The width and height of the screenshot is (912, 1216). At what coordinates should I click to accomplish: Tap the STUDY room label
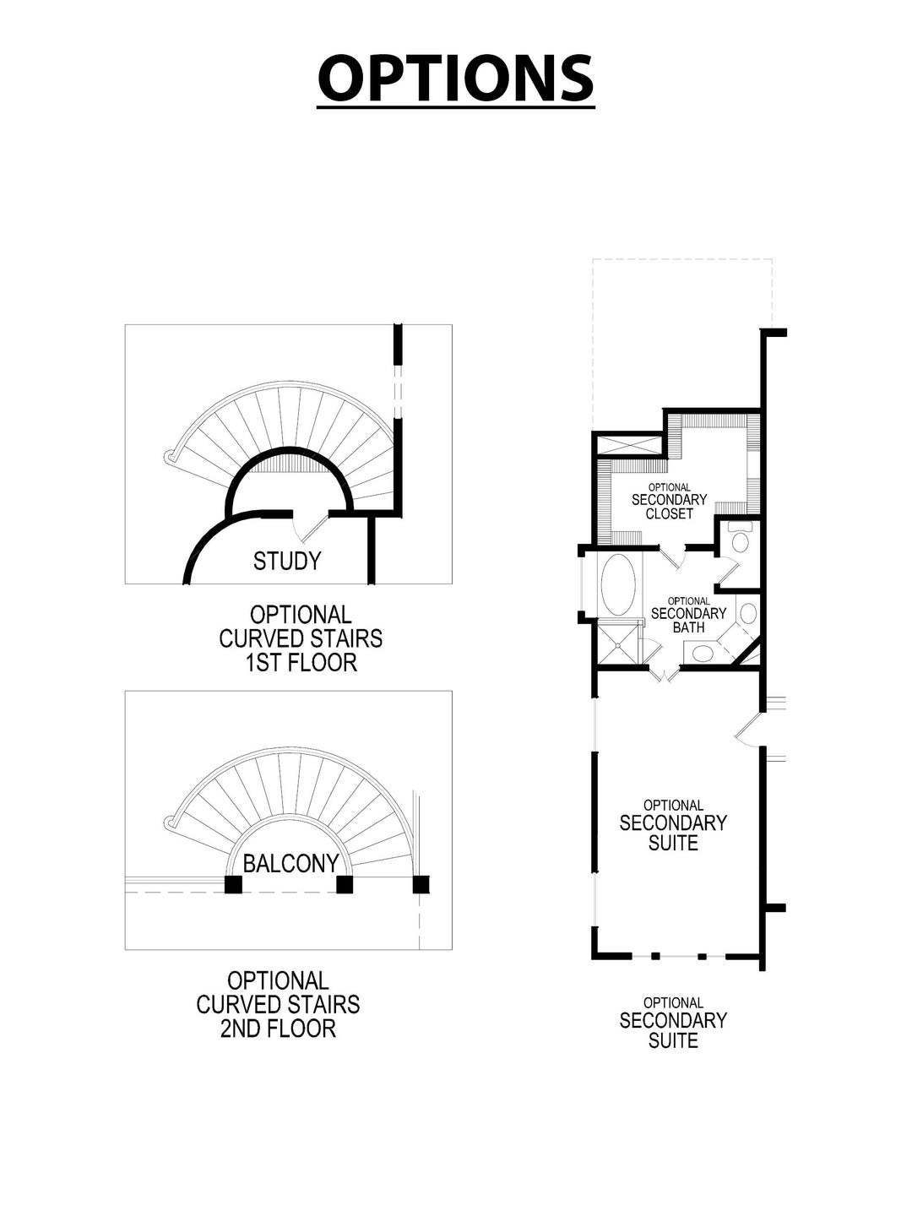pyautogui.click(x=287, y=561)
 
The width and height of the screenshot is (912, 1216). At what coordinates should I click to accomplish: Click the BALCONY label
pyautogui.click(x=290, y=863)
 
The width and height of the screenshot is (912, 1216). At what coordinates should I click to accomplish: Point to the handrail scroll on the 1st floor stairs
pyautogui.click(x=171, y=458)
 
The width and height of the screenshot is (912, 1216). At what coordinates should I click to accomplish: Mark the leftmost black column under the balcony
pyautogui.click(x=233, y=884)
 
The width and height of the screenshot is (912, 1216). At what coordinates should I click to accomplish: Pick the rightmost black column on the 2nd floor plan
pyautogui.click(x=421, y=884)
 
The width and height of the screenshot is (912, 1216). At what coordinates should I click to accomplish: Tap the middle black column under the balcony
pyautogui.click(x=344, y=884)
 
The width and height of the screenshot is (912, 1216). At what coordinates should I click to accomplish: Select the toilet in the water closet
pyautogui.click(x=741, y=540)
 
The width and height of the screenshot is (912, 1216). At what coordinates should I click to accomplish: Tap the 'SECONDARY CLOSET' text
pyautogui.click(x=670, y=506)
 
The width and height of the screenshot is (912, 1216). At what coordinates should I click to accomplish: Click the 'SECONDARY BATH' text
pyautogui.click(x=688, y=620)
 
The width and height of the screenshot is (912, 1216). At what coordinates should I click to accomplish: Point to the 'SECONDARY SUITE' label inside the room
pyautogui.click(x=673, y=832)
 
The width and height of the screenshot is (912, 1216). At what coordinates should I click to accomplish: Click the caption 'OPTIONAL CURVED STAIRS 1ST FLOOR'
pyautogui.click(x=301, y=638)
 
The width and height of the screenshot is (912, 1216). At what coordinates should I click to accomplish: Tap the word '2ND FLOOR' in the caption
pyautogui.click(x=278, y=1028)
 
